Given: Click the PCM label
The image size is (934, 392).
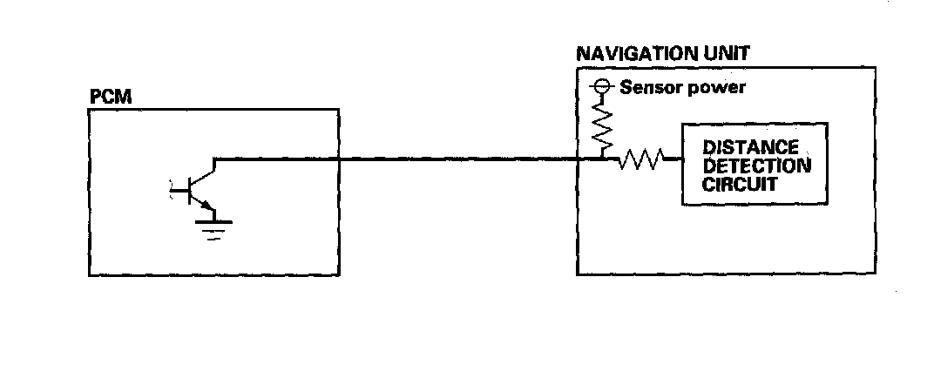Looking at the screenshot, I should pos(110,96).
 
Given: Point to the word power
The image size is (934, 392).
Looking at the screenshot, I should pos(717,88).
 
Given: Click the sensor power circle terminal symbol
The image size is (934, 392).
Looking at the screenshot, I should pos(600,87).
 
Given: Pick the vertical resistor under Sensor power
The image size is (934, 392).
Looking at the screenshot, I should pos(601,125).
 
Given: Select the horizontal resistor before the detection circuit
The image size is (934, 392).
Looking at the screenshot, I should pos(641,159).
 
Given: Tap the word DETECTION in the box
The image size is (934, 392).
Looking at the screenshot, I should pos(756,166).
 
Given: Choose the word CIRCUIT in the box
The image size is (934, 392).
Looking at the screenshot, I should pos(741,185).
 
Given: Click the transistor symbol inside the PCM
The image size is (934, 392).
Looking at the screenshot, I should pos(199,187).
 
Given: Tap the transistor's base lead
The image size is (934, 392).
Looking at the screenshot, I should pos(179,187).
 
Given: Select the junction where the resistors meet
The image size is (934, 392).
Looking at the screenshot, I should pos(602,159).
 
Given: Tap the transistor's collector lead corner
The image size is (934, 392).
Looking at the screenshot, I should pos(214,159).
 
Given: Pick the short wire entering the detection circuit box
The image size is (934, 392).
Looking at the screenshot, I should pos(673,159).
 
